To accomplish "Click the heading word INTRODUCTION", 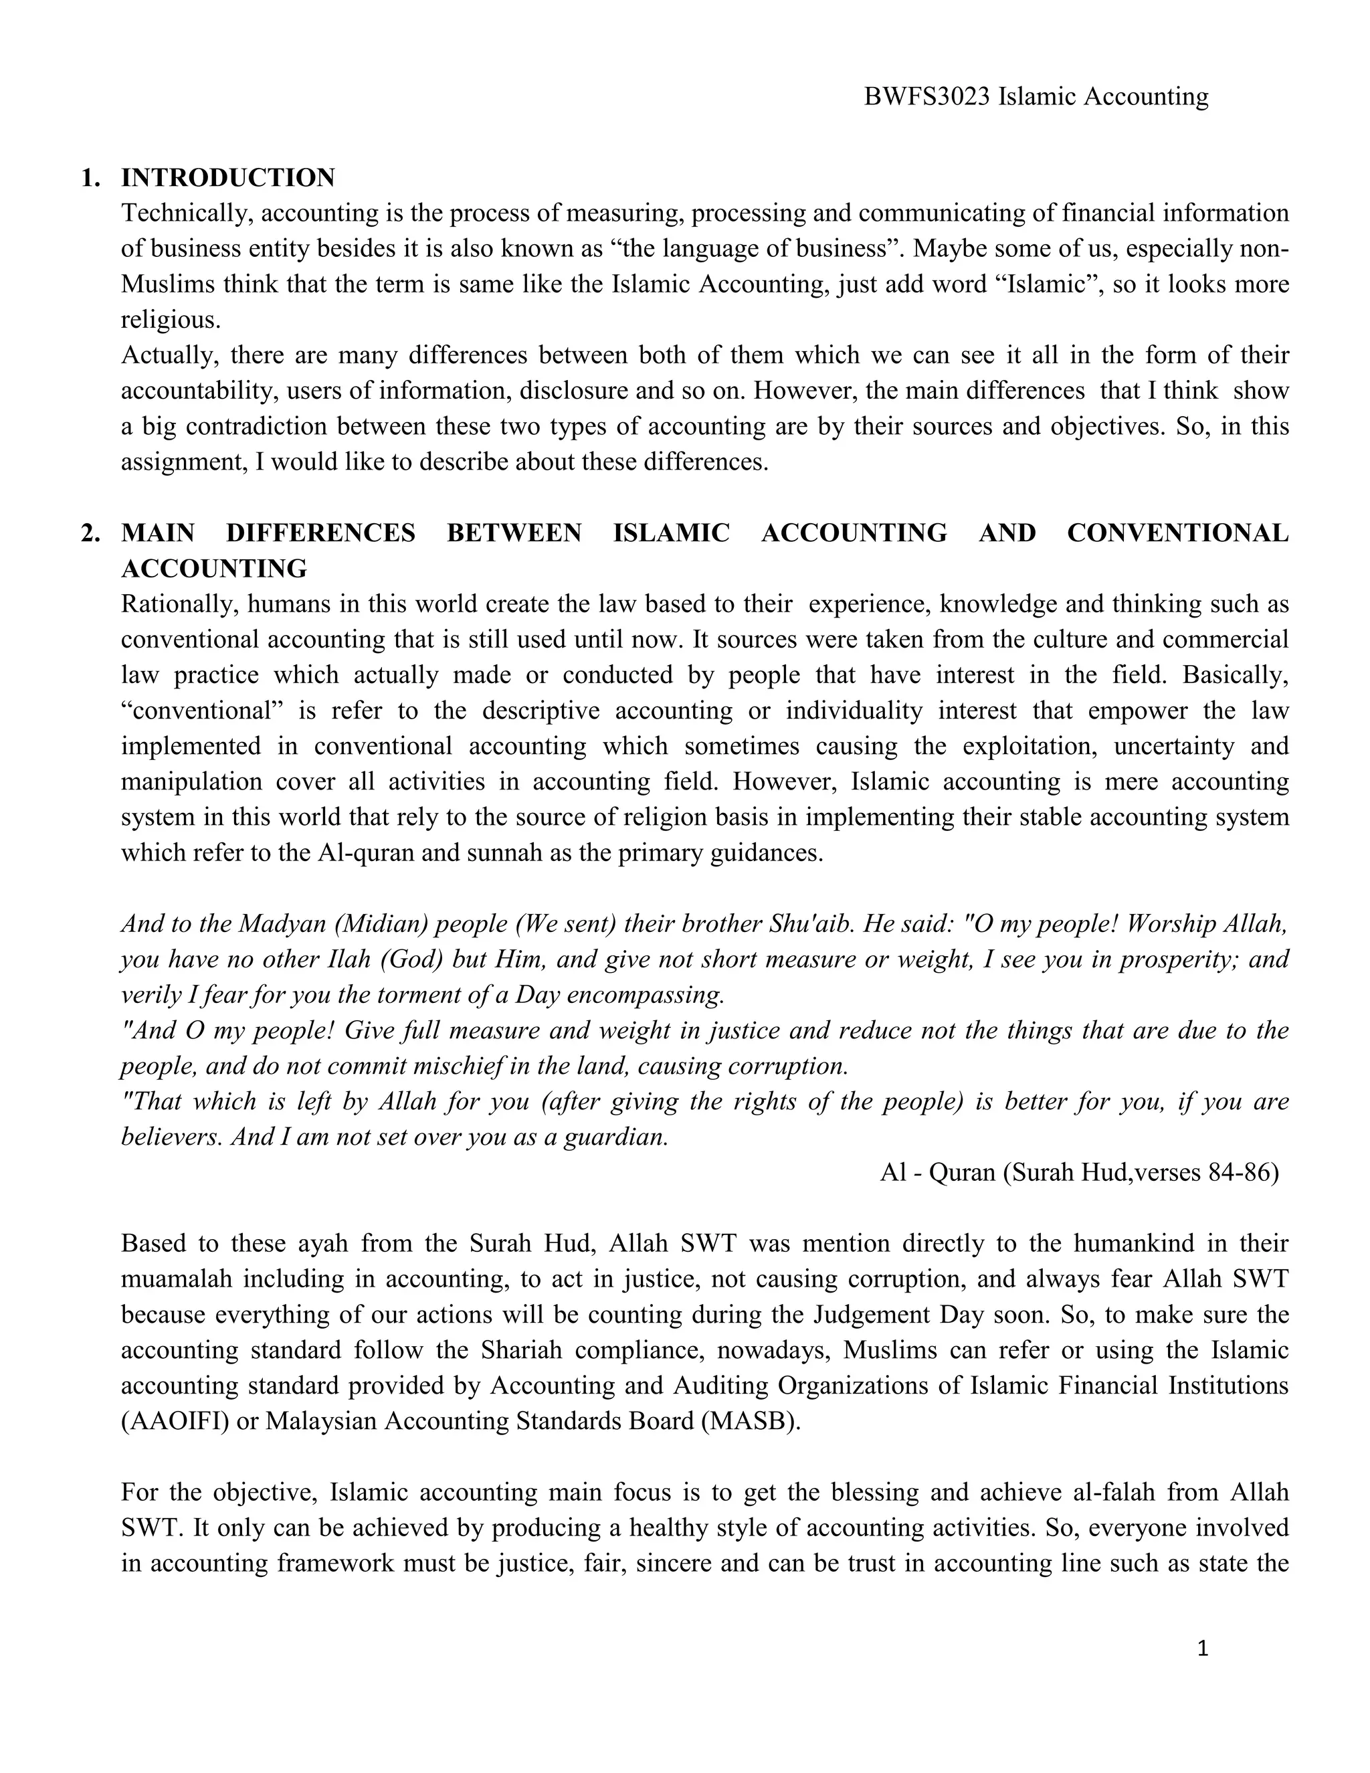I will pyautogui.click(x=228, y=178).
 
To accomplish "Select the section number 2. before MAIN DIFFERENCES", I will pyautogui.click(x=91, y=533).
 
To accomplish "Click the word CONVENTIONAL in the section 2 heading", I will pyautogui.click(x=1177, y=533).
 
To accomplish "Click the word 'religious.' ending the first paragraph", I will pyautogui.click(x=171, y=320).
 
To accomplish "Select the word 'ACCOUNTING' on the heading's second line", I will pyautogui.click(x=214, y=569).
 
